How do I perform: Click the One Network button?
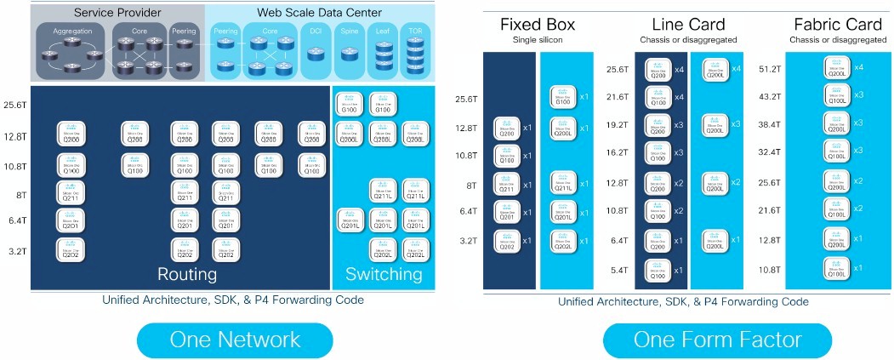tap(235, 340)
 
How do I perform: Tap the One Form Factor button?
tap(717, 340)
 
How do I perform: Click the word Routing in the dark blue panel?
tap(187, 274)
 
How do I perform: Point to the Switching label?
tap(384, 274)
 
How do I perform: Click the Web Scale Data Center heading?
tap(319, 14)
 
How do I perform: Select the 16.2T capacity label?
tap(617, 153)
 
